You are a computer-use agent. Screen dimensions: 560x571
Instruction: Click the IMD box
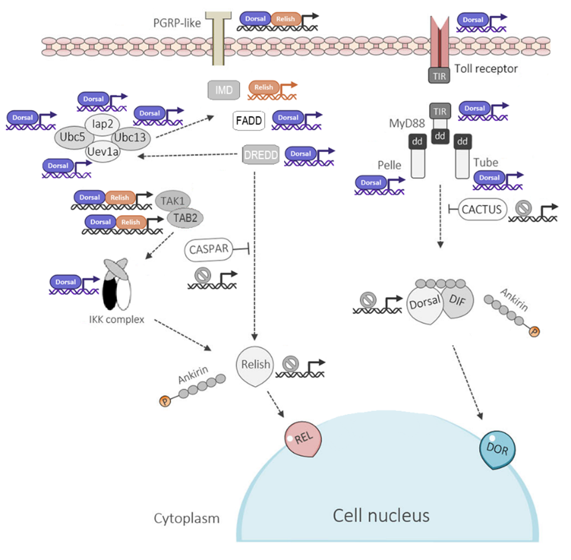click(224, 90)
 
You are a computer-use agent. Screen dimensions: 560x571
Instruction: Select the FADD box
click(249, 121)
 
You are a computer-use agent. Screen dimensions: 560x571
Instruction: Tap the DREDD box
click(261, 155)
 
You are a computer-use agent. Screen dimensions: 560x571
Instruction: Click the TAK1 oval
click(173, 201)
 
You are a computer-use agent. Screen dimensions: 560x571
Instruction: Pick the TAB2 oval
click(185, 218)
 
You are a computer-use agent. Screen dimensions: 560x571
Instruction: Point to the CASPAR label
click(209, 250)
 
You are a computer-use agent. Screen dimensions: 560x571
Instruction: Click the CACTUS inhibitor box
click(482, 209)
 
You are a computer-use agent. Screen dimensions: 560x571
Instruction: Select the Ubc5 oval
click(72, 137)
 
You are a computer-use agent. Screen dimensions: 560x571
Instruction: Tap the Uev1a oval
click(103, 152)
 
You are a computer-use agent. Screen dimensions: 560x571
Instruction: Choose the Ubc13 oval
click(130, 137)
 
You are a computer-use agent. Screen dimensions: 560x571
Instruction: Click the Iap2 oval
click(102, 124)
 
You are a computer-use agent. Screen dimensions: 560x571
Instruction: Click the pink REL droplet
click(303, 439)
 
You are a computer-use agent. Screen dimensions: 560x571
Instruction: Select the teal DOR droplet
click(497, 449)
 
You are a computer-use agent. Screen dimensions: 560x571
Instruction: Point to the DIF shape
click(458, 301)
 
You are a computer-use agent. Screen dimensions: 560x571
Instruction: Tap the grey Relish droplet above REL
click(255, 365)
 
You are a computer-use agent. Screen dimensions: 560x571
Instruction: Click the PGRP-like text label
click(177, 23)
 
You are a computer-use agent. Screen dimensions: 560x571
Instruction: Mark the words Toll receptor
click(486, 69)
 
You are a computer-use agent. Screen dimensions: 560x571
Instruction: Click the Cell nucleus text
click(381, 516)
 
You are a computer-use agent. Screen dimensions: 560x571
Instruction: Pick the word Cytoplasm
click(187, 518)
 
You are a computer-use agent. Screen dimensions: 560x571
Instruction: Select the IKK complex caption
click(116, 319)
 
